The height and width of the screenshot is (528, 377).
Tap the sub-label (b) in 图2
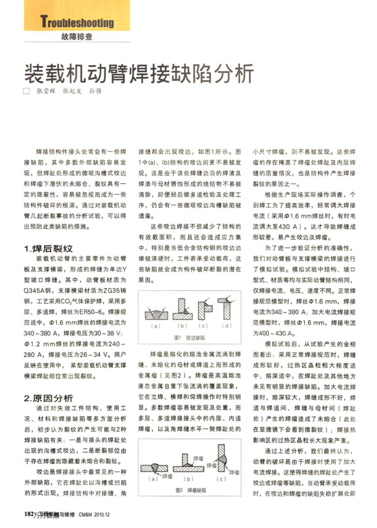click(x=188, y=477)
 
